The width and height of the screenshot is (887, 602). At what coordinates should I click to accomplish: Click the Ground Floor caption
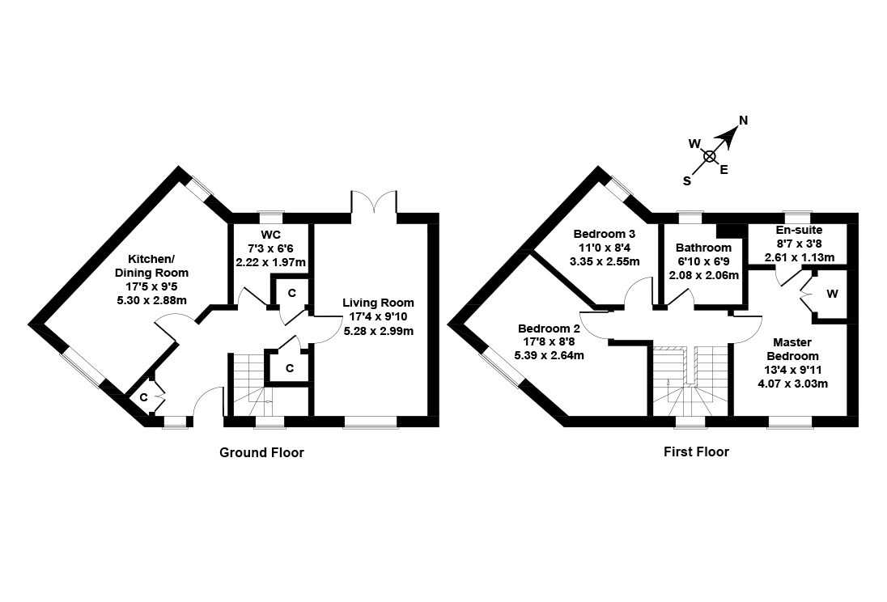click(x=261, y=452)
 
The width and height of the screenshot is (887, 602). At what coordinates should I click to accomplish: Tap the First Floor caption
click(x=695, y=451)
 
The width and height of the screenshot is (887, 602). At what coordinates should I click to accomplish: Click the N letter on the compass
click(x=743, y=121)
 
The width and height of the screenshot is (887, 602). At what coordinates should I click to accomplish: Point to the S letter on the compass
click(x=687, y=181)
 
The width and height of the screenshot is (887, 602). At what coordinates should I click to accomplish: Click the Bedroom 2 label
click(x=549, y=329)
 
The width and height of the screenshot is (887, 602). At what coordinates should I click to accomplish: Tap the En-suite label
click(x=799, y=231)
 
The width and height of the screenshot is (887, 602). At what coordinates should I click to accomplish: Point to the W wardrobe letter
click(x=831, y=294)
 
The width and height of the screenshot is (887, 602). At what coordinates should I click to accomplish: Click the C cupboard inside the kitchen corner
click(x=143, y=397)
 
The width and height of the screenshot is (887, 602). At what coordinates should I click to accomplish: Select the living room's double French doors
click(x=374, y=202)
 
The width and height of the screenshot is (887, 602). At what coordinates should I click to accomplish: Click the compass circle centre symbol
click(x=710, y=156)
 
